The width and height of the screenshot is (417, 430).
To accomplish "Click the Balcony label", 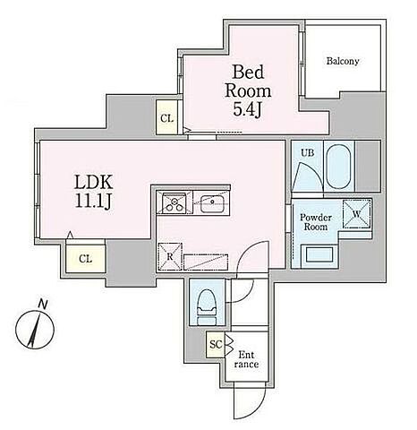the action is (343, 61).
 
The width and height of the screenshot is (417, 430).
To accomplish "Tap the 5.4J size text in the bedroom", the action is (247, 110).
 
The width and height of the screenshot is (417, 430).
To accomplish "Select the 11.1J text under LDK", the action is (93, 202).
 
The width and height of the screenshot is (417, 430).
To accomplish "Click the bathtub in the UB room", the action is (338, 167).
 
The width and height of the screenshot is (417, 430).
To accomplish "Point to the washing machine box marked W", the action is (357, 214).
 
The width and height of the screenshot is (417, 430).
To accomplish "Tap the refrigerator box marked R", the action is (170, 256).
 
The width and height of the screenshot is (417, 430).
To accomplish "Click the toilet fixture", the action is (207, 307).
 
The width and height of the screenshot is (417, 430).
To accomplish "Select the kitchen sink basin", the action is (212, 203).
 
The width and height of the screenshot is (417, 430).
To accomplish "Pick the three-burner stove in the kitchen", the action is (174, 203).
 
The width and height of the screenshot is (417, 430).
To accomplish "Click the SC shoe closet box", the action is (216, 345).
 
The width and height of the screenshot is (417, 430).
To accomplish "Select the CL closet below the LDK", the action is (86, 259).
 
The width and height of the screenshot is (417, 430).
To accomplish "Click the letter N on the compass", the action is (43, 305).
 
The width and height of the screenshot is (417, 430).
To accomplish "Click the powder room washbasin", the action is (319, 254).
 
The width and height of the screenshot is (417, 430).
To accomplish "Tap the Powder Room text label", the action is (316, 222).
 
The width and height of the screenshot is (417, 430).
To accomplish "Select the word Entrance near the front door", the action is (246, 359).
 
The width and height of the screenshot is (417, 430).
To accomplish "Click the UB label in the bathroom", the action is (307, 153).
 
